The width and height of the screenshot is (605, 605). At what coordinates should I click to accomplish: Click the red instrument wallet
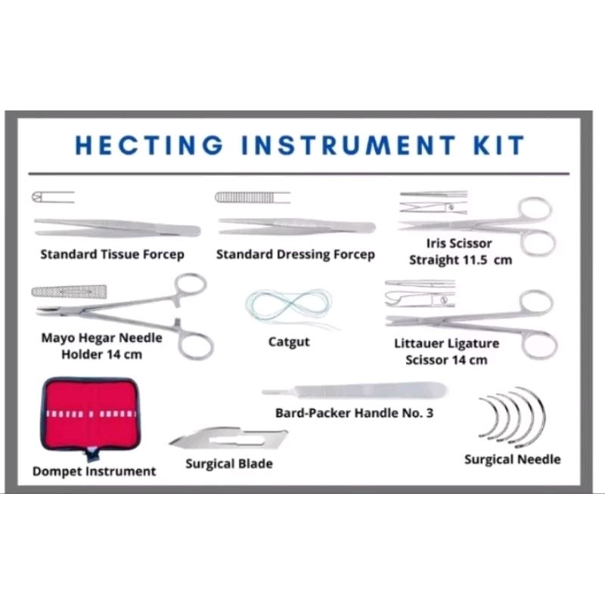click(91, 417)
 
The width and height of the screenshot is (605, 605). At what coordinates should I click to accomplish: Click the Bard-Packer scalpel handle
click(354, 392)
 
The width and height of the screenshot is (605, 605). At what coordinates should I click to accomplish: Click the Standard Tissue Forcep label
click(112, 254)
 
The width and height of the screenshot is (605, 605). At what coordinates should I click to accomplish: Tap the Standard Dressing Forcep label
click(295, 254)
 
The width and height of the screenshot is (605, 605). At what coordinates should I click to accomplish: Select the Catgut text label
click(288, 342)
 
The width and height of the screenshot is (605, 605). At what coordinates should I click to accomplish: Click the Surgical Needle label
click(512, 459)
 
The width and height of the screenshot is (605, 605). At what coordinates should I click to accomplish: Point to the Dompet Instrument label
click(94, 471)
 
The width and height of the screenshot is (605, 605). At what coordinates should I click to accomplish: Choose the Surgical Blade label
click(229, 464)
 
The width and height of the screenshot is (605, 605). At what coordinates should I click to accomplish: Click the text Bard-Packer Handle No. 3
click(354, 414)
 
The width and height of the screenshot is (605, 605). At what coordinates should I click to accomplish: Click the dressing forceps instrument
click(296, 225)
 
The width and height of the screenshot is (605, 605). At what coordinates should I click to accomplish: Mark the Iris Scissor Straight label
click(460, 252)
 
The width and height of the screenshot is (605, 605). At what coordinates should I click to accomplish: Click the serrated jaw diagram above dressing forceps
click(252, 197)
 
